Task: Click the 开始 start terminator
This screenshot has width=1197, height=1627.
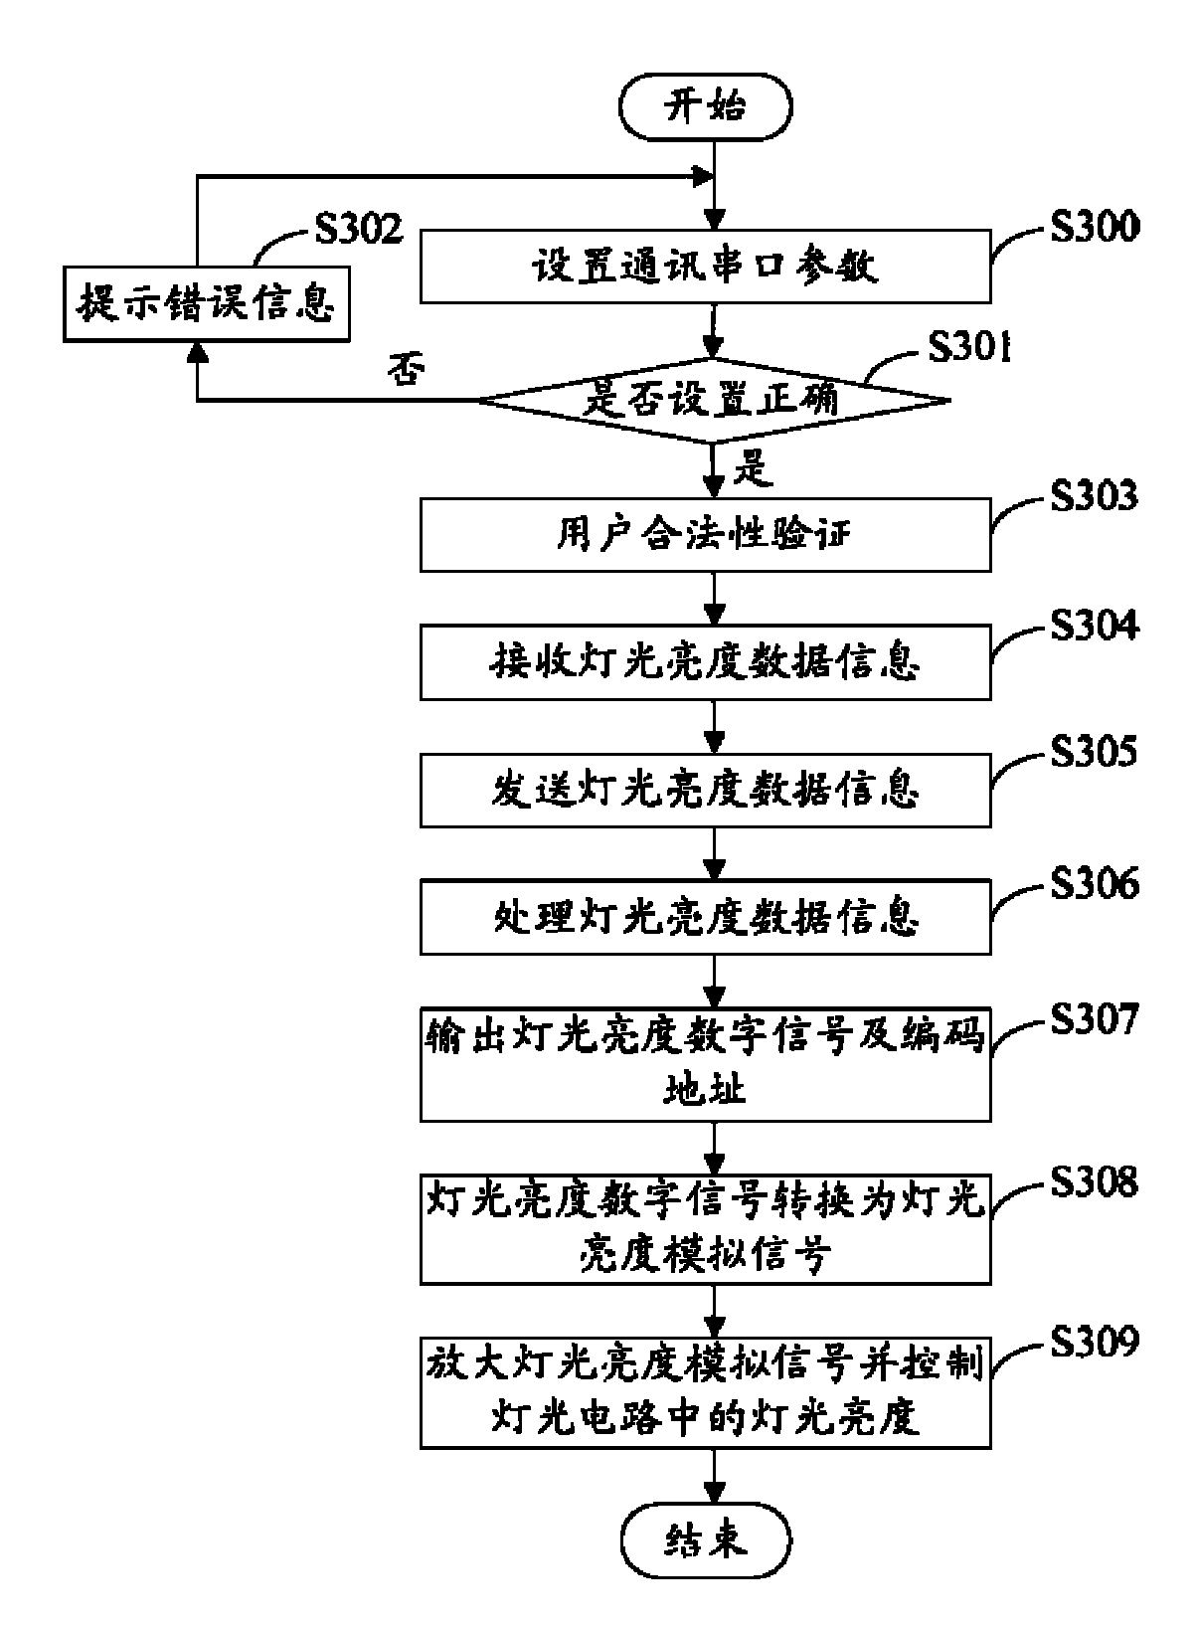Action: tap(705, 106)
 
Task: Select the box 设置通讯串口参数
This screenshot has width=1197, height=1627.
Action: tap(705, 267)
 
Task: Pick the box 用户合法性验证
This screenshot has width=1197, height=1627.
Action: tap(705, 536)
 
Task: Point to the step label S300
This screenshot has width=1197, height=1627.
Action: tap(1094, 228)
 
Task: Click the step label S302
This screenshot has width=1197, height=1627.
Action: tap(359, 229)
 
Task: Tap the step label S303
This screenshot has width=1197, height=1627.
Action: tap(1094, 495)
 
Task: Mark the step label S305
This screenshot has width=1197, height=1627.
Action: tap(1094, 752)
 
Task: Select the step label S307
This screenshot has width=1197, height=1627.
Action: tap(1094, 1019)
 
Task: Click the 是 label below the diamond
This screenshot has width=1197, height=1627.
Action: tap(753, 467)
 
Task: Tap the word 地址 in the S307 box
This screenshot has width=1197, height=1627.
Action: tap(705, 1091)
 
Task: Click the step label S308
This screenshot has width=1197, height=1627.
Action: tap(1094, 1182)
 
